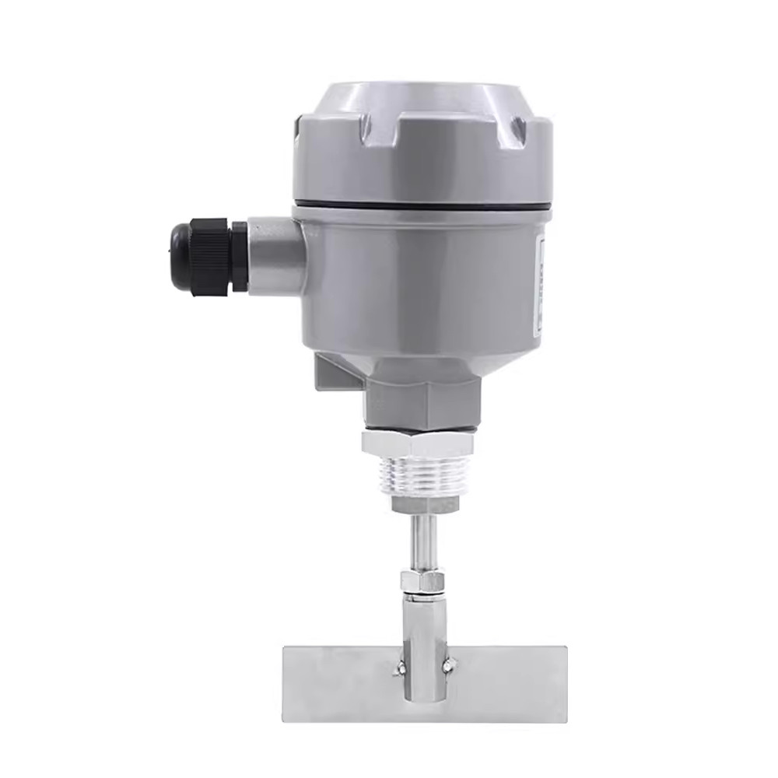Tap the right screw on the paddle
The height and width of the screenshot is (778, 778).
448,664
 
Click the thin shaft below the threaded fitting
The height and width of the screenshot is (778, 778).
418,541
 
